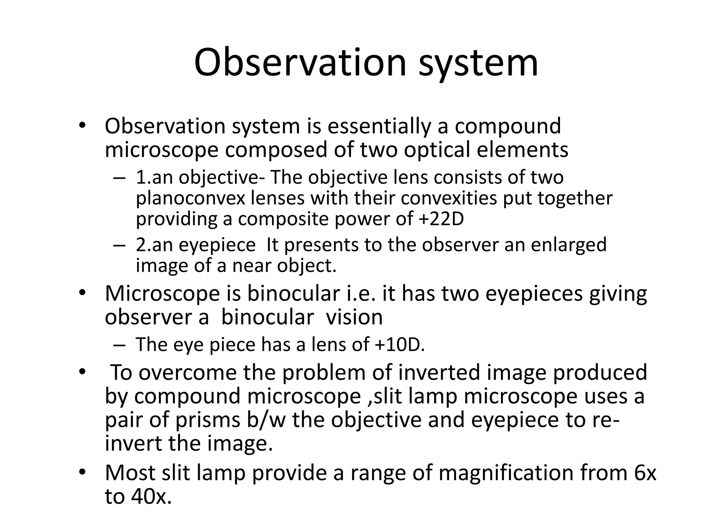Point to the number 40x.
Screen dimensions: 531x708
tap(151, 496)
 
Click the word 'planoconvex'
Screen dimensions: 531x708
tap(190, 198)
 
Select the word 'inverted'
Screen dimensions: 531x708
tap(436, 373)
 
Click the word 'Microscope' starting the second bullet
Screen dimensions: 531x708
tap(162, 294)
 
